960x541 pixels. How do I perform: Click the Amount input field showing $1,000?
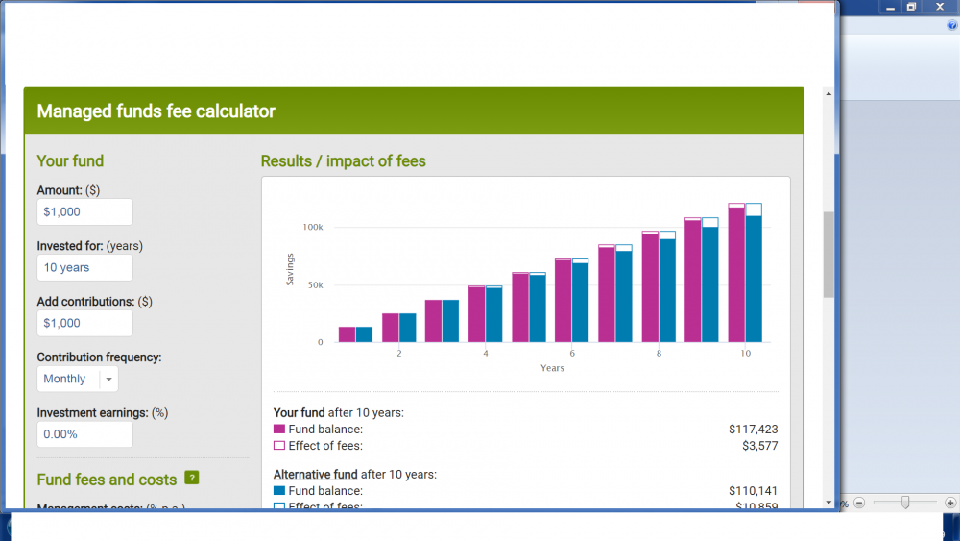pyautogui.click(x=84, y=212)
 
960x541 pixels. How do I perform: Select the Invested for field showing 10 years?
pyautogui.click(x=84, y=268)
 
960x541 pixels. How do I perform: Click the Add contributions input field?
pyautogui.click(x=84, y=324)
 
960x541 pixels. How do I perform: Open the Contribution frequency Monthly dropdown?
pyautogui.click(x=78, y=380)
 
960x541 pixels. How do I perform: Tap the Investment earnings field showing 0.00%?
pyautogui.click(x=84, y=434)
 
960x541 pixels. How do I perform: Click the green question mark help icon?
pyautogui.click(x=192, y=478)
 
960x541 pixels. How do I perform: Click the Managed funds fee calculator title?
pyautogui.click(x=156, y=111)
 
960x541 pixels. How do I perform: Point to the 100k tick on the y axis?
pyautogui.click(x=313, y=228)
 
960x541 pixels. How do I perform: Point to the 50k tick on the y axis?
pyautogui.click(x=315, y=285)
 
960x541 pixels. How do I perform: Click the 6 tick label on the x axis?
pyautogui.click(x=572, y=354)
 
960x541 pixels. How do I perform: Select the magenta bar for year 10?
pyautogui.click(x=736, y=275)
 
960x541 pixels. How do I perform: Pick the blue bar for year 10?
pyautogui.click(x=754, y=279)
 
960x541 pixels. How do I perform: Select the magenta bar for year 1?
pyautogui.click(x=347, y=334)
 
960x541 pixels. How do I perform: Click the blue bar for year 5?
pyautogui.click(x=538, y=308)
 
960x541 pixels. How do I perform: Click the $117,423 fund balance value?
pyautogui.click(x=754, y=430)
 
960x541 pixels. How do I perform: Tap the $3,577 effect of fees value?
pyautogui.click(x=759, y=446)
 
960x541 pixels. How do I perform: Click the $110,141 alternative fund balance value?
pyautogui.click(x=754, y=491)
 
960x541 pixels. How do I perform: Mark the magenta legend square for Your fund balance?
pyautogui.click(x=279, y=430)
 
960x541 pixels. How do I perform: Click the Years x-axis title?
pyautogui.click(x=552, y=368)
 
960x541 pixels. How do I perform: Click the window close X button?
pyautogui.click(x=940, y=7)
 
